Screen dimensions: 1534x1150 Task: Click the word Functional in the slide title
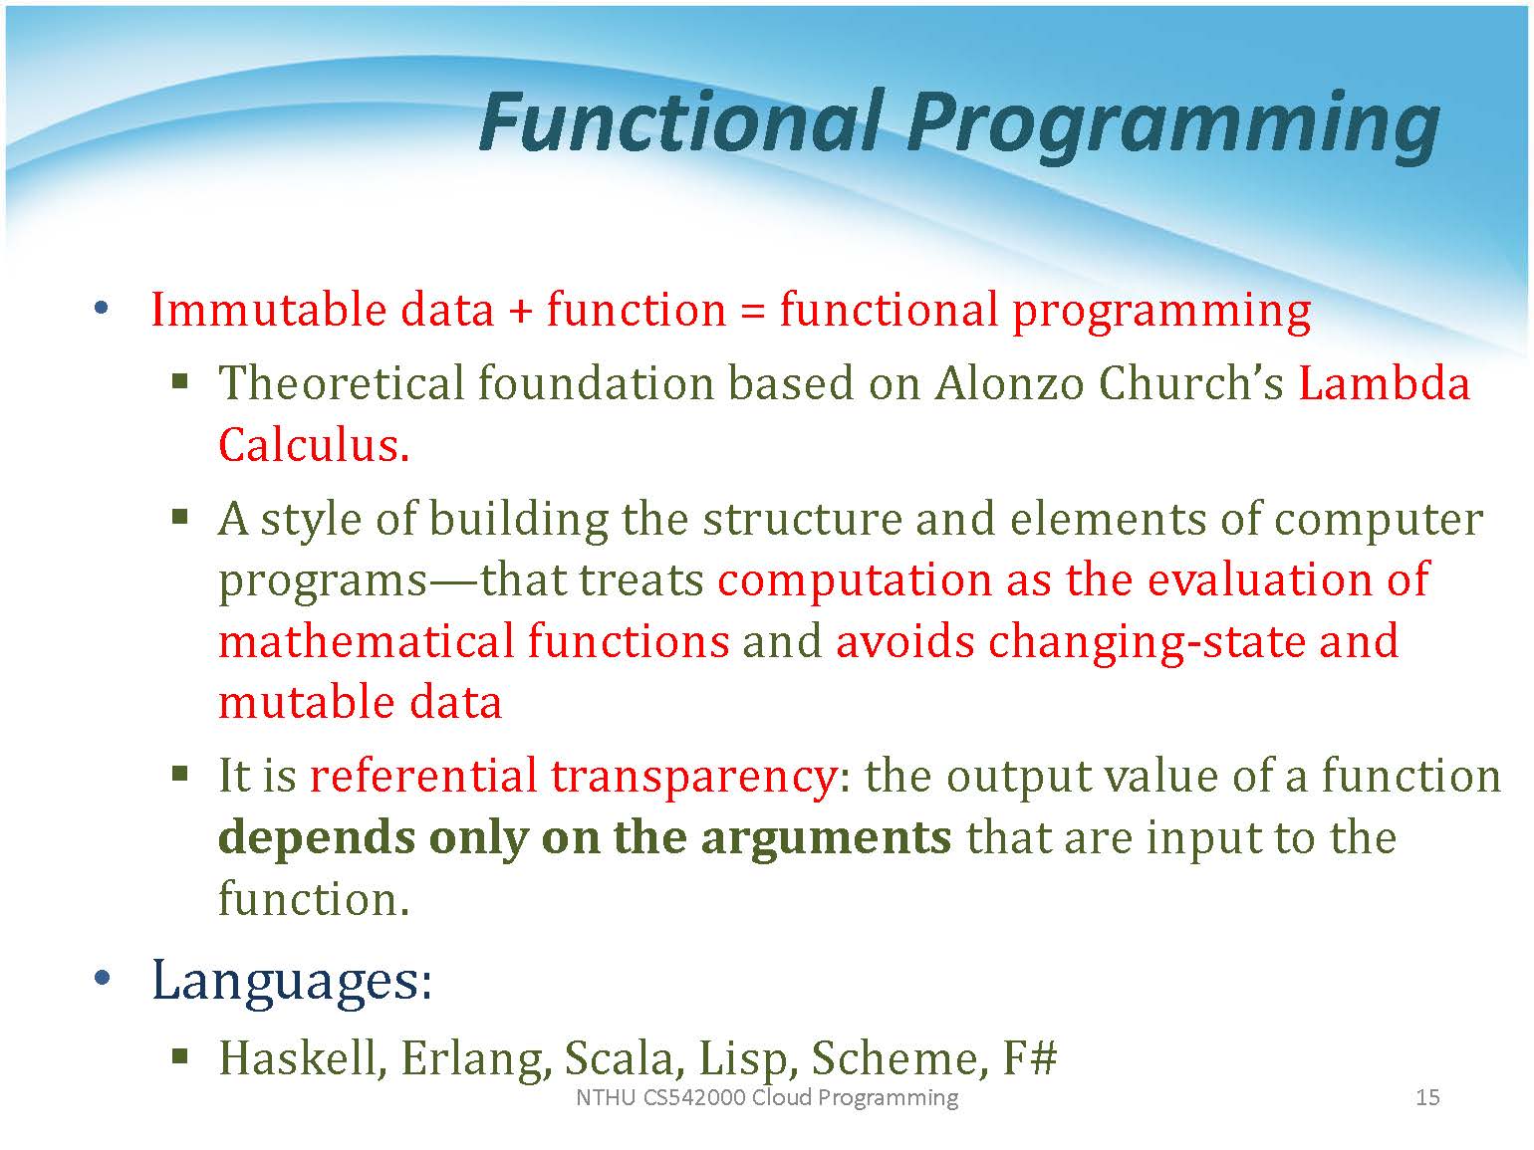click(677, 122)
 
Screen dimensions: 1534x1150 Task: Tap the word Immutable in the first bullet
click(268, 310)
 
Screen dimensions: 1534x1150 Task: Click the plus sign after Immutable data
click(520, 312)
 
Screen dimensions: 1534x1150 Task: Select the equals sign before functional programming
click(753, 312)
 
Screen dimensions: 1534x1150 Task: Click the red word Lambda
click(1385, 383)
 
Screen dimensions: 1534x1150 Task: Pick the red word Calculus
click(314, 445)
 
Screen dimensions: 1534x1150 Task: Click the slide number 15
click(1427, 1097)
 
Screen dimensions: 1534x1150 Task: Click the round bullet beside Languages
click(102, 978)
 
